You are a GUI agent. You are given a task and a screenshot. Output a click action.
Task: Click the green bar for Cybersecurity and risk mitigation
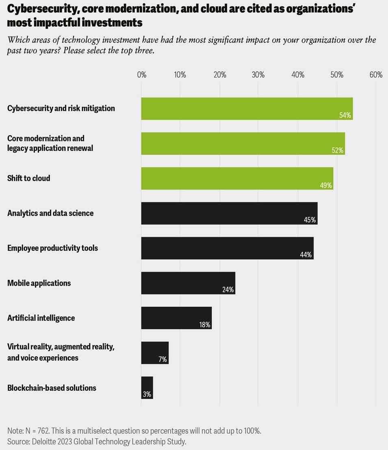point(247,109)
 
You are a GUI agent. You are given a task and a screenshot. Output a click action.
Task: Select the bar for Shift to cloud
point(237,178)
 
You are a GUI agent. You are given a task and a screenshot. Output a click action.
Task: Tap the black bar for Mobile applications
point(188,283)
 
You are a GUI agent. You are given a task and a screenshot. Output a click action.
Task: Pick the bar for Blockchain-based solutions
point(147,387)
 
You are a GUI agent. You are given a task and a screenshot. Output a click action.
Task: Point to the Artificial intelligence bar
point(176,318)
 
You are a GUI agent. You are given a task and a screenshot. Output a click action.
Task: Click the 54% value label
point(345,115)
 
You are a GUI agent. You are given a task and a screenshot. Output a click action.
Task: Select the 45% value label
point(310,220)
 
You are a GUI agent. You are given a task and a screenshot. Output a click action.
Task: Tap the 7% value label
point(163,360)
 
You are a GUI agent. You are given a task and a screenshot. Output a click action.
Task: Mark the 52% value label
point(337,150)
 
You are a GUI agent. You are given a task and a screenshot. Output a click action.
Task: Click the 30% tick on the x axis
point(258,75)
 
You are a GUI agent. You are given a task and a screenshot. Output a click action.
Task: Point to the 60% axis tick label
point(376,75)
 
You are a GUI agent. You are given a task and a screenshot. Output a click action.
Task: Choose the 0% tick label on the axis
point(141,75)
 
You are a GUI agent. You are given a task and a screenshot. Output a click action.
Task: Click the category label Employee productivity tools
point(52,248)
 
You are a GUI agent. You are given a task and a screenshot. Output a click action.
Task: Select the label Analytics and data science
point(50,213)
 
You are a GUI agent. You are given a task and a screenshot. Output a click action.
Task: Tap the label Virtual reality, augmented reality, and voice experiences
point(61,352)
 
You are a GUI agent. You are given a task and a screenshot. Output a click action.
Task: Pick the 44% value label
point(306,255)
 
